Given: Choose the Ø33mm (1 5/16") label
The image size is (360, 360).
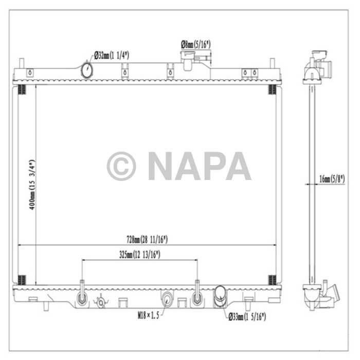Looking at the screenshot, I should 247,317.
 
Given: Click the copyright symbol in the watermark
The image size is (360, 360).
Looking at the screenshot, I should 121,166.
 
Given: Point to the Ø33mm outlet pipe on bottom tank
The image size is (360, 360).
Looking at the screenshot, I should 221,296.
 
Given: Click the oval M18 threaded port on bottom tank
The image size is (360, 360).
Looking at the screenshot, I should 168,298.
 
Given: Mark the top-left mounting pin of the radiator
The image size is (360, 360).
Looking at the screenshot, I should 22,66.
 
